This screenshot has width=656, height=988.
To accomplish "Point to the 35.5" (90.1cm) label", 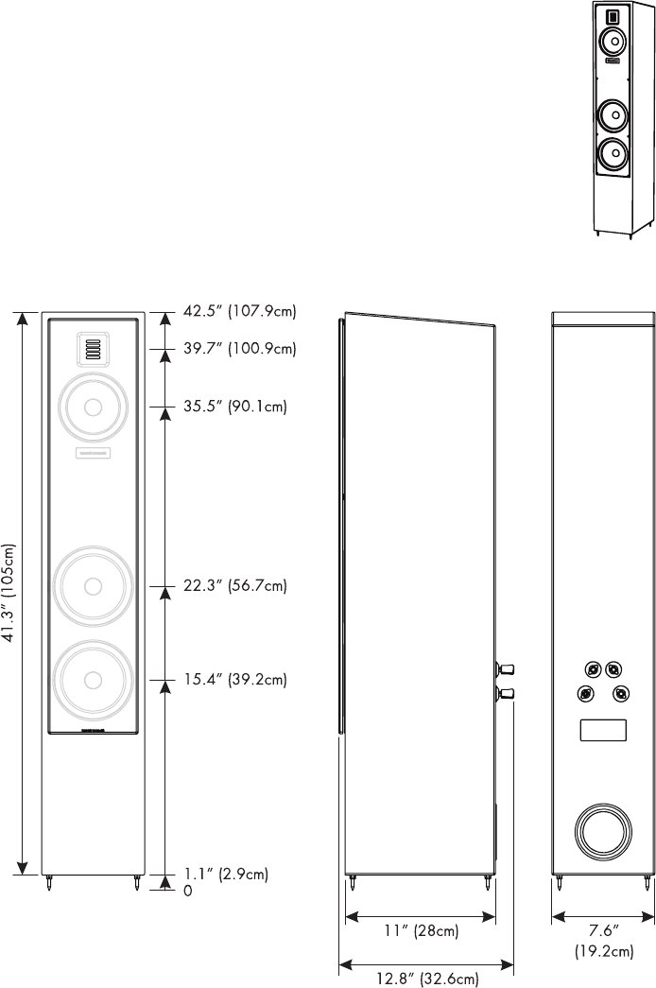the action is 234,407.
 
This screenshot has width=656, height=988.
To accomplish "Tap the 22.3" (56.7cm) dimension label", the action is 234,586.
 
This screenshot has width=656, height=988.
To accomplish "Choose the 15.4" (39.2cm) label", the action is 234,680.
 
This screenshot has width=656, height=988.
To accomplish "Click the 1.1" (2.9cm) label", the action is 227,875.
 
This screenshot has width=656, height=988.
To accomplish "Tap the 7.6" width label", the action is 603,931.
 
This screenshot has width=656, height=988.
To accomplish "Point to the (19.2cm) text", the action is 603,952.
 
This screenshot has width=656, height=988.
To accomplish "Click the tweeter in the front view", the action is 93,350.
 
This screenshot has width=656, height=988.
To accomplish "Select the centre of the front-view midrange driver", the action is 93,407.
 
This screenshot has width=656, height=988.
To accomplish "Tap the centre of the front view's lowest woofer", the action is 93,680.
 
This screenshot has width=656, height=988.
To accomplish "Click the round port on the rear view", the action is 603,833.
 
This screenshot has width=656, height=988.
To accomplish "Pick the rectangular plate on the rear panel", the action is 603,731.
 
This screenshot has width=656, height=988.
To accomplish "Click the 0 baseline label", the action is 188,891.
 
